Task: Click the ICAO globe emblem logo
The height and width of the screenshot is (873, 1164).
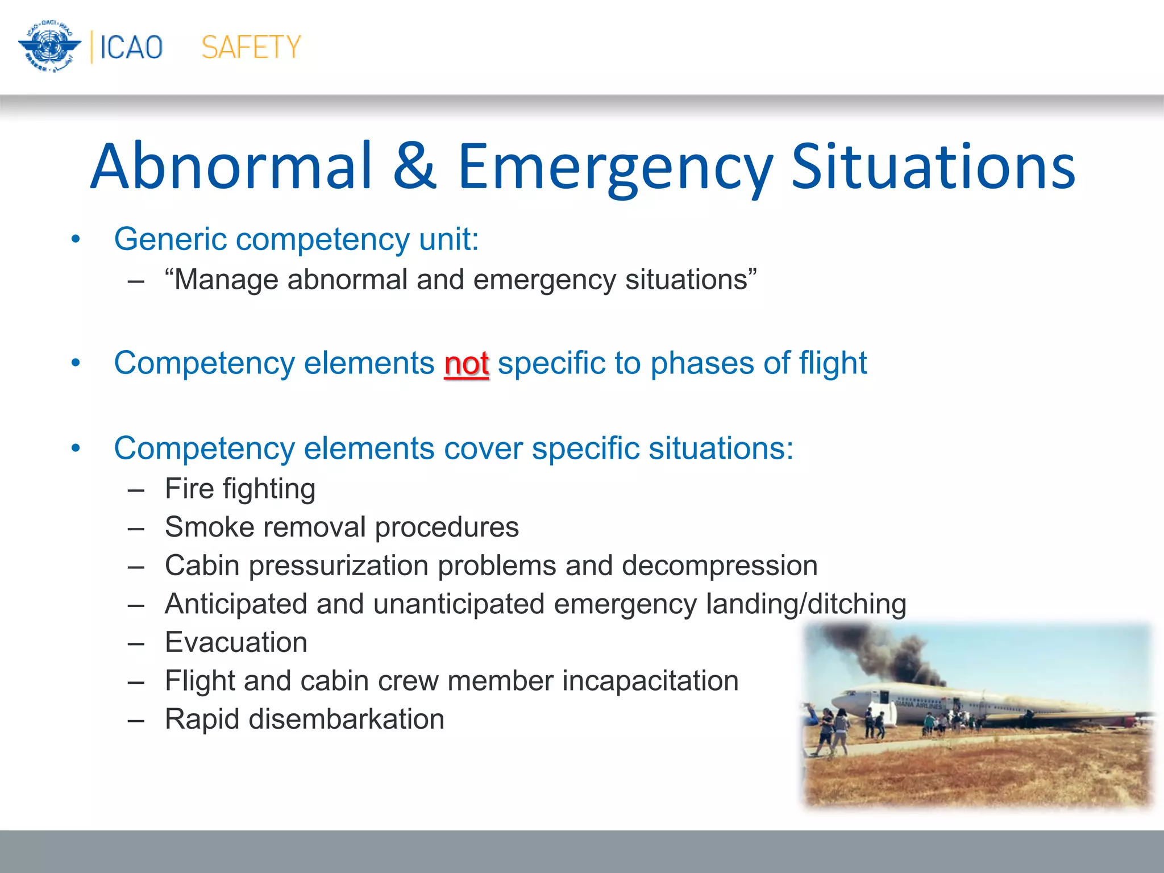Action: coord(49,47)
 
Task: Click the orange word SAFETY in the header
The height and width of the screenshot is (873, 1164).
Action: coord(251,47)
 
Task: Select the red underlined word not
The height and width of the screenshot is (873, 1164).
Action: coord(466,364)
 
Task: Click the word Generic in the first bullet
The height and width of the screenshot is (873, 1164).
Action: coord(170,239)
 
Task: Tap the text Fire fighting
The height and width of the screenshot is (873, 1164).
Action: coord(240,489)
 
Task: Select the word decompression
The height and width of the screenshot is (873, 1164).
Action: coord(720,566)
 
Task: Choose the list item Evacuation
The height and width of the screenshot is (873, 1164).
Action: coord(236,642)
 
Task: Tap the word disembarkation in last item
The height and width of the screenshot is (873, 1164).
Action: coord(346,719)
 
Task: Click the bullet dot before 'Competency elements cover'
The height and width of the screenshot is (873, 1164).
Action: coord(76,448)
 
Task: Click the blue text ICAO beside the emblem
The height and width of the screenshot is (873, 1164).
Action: coord(131,47)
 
